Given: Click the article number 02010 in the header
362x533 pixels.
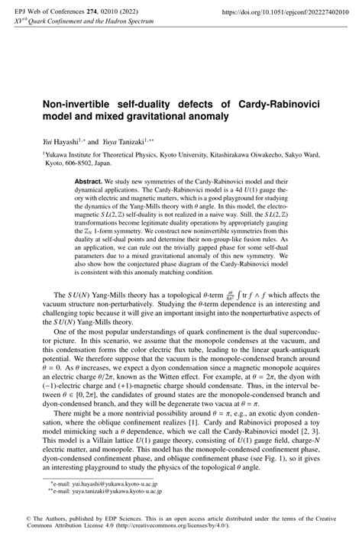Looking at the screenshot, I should [x=106, y=13].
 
